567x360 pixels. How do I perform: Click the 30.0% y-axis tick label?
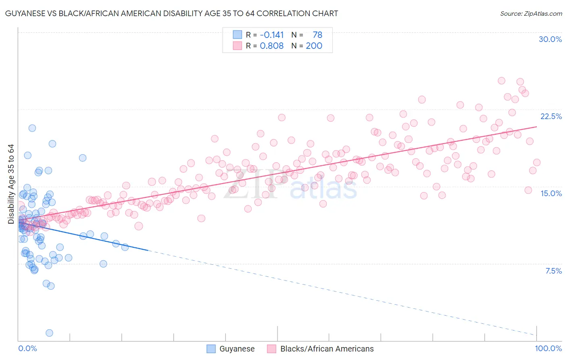pyautogui.click(x=550, y=39)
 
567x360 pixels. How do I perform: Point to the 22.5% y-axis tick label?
pyautogui.click(x=551, y=116)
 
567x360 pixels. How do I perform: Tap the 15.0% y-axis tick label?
pyautogui.click(x=551, y=193)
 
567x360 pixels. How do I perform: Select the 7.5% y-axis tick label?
pyautogui.click(x=553, y=271)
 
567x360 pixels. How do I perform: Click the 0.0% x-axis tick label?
pyautogui.click(x=27, y=348)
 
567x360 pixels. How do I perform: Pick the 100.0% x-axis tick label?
pyautogui.click(x=548, y=348)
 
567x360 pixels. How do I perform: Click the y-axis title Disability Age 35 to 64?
pyautogui.click(x=11, y=184)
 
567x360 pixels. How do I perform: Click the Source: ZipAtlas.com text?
pyautogui.click(x=531, y=13)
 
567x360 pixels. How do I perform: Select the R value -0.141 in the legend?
pyautogui.click(x=272, y=35)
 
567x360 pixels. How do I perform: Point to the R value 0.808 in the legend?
pyautogui.click(x=272, y=46)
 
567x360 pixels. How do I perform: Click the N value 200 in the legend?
pyautogui.click(x=314, y=46)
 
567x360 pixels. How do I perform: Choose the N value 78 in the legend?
pyautogui.click(x=317, y=35)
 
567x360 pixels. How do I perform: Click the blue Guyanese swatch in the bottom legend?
pyautogui.click(x=211, y=349)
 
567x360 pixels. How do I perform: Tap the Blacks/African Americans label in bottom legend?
pyautogui.click(x=327, y=349)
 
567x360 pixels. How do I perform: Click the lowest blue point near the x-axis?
pyautogui.click(x=49, y=333)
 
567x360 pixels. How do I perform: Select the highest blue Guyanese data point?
pyautogui.click(x=32, y=128)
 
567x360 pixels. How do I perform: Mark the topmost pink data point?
pyautogui.click(x=501, y=81)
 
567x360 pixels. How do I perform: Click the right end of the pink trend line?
pyautogui.click(x=537, y=127)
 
